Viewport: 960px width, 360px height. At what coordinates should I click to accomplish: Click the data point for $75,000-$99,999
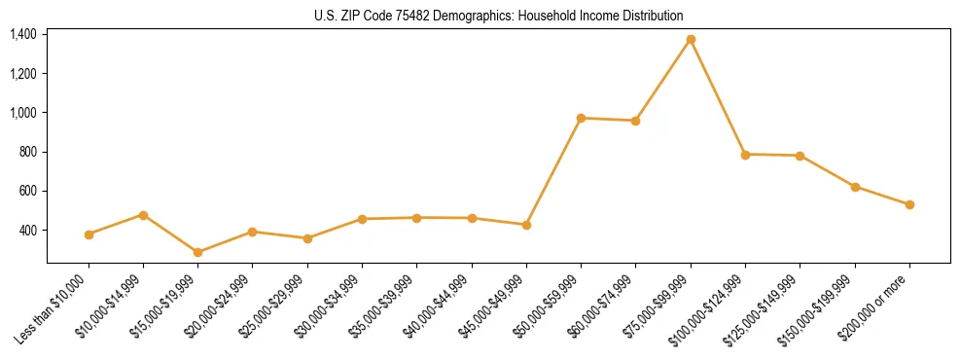pyautogui.click(x=691, y=40)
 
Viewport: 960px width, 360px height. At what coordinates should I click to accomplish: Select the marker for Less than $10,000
pyautogui.click(x=89, y=234)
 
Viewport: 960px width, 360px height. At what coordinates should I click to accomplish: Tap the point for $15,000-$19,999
pyautogui.click(x=198, y=252)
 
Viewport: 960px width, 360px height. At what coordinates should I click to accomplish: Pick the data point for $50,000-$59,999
pyautogui.click(x=581, y=118)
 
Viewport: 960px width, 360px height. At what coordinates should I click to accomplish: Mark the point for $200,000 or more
pyautogui.click(x=909, y=204)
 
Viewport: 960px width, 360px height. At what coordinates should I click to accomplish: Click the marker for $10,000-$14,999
pyautogui.click(x=143, y=215)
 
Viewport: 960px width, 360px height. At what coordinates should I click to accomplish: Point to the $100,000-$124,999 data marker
pyautogui.click(x=745, y=154)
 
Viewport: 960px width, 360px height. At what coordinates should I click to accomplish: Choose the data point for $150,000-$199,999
pyautogui.click(x=855, y=187)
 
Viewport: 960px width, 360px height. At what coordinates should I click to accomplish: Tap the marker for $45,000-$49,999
pyautogui.click(x=526, y=225)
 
